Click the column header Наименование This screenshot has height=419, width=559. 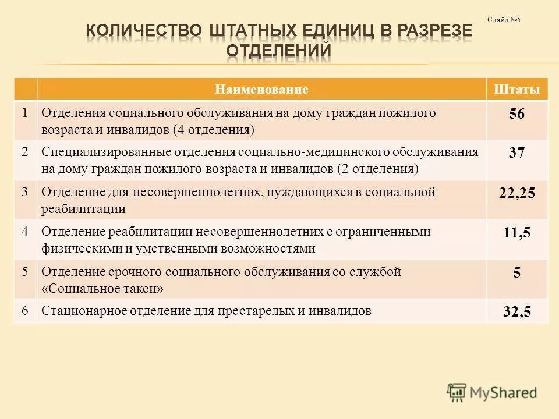pos(261,90)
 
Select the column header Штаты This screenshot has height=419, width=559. pos(516,90)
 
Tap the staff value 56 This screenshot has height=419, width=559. pos(516,115)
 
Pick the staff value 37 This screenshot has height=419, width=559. pos(516,154)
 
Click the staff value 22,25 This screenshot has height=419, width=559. pos(516,194)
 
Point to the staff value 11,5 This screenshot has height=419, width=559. pos(516,233)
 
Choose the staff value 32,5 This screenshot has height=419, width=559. pos(516,312)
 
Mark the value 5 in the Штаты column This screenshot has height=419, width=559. pos(516,273)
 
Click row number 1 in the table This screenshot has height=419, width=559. pos(25,112)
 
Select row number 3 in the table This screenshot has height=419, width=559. pos(25,192)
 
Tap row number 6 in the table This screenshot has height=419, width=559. pos(25,311)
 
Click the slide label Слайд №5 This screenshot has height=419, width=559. pos(504,20)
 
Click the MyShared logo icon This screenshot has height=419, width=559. pos(457,391)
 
